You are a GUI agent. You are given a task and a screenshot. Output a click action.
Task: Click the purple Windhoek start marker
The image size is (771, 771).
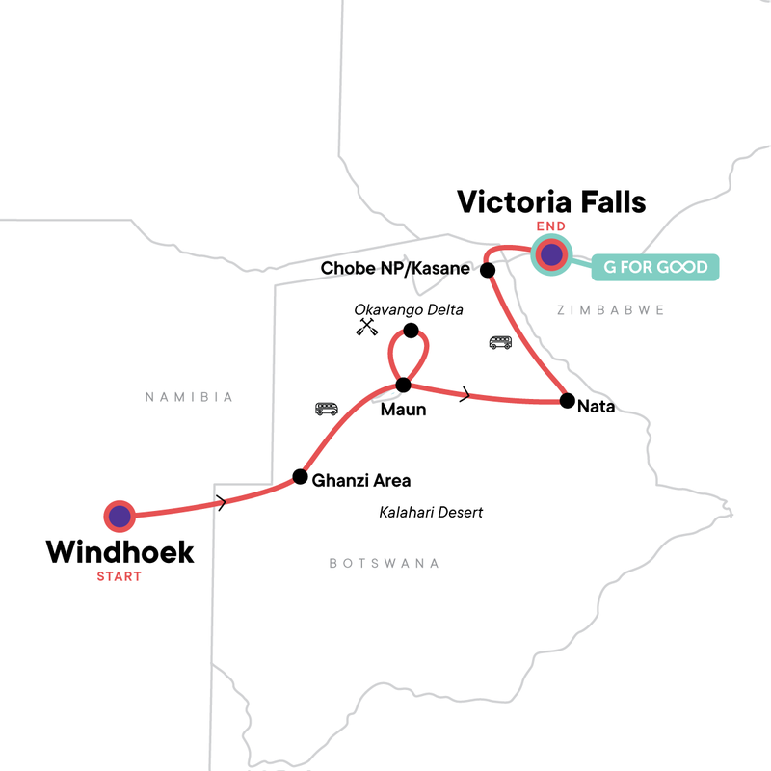click(119, 517)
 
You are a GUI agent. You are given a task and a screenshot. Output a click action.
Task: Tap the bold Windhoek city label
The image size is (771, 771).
click(120, 552)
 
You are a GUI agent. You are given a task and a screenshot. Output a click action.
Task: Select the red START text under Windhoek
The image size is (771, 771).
click(119, 576)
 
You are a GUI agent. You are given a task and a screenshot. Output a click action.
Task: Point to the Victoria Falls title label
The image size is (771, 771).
click(551, 201)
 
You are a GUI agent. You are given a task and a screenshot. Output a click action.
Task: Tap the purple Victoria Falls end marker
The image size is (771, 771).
click(550, 255)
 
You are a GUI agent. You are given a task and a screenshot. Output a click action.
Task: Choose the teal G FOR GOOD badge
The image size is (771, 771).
click(655, 267)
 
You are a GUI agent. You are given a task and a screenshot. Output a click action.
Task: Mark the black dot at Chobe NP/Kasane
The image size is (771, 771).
click(488, 270)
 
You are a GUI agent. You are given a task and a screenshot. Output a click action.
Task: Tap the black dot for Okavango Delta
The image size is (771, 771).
click(412, 331)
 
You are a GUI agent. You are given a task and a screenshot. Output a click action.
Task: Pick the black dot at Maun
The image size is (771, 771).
click(404, 385)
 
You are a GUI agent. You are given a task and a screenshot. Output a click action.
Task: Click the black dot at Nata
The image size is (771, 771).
click(567, 401)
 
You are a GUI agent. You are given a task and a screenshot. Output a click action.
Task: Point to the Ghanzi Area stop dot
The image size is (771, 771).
click(300, 476)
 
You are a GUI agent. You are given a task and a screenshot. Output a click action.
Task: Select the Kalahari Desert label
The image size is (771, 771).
click(431, 512)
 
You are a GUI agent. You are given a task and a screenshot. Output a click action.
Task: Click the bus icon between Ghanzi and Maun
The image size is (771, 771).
click(327, 409)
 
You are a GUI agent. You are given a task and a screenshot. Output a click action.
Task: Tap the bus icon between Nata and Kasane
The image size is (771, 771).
click(500, 342)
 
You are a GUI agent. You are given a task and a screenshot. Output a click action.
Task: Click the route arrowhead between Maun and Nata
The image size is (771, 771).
click(467, 394)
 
